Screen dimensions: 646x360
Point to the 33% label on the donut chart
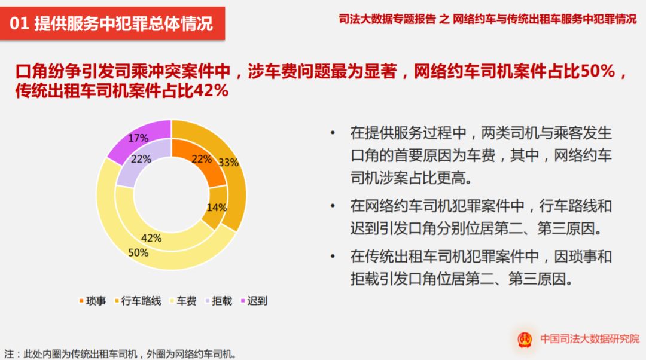[x=228, y=162]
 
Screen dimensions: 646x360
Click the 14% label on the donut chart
[x=217, y=207]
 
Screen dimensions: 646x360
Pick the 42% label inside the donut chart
[x=151, y=237]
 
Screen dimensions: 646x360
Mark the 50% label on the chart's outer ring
[x=138, y=252]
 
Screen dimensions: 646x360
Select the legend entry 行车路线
[x=138, y=301]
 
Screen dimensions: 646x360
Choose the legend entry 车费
[x=184, y=301]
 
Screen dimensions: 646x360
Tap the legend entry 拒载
[x=219, y=301]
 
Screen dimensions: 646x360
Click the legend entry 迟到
[x=254, y=301]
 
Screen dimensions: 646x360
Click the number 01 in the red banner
[x=19, y=23]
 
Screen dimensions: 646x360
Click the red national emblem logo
[x=525, y=340]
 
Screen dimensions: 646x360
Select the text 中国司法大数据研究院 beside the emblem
[x=590, y=339]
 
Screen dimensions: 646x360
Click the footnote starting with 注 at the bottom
[x=120, y=354]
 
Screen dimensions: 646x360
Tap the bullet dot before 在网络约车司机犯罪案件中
[x=333, y=206]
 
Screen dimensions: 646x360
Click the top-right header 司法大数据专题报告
[x=387, y=19]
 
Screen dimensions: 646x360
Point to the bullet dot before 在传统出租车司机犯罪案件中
[x=333, y=257]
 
